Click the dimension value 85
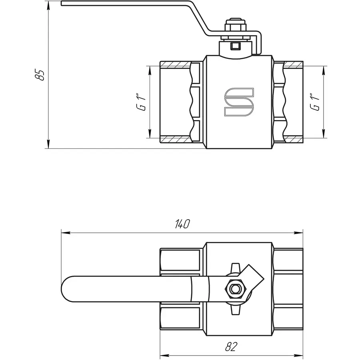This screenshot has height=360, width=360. tap(40, 75)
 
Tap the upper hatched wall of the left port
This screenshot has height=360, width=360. tap(175, 64)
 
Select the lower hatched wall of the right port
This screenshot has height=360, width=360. tap(294, 139)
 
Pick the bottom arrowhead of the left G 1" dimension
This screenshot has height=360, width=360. tap(149, 134)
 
